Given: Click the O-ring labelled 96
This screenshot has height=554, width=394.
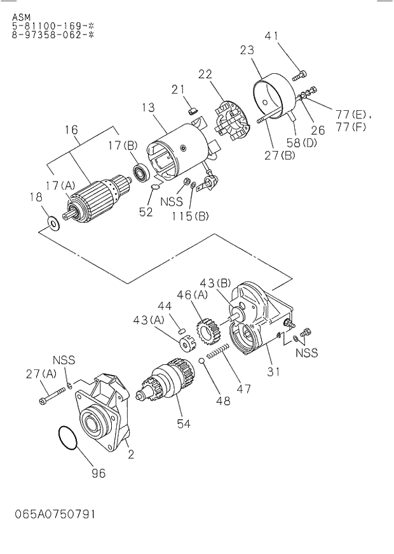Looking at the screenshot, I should [68, 440].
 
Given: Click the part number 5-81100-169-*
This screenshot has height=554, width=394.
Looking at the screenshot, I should [53, 26].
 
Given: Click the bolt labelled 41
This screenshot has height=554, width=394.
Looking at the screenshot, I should [299, 75].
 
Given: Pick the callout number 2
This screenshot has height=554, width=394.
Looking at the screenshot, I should [130, 455].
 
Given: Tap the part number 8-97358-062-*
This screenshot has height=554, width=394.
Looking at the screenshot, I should [53, 35].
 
